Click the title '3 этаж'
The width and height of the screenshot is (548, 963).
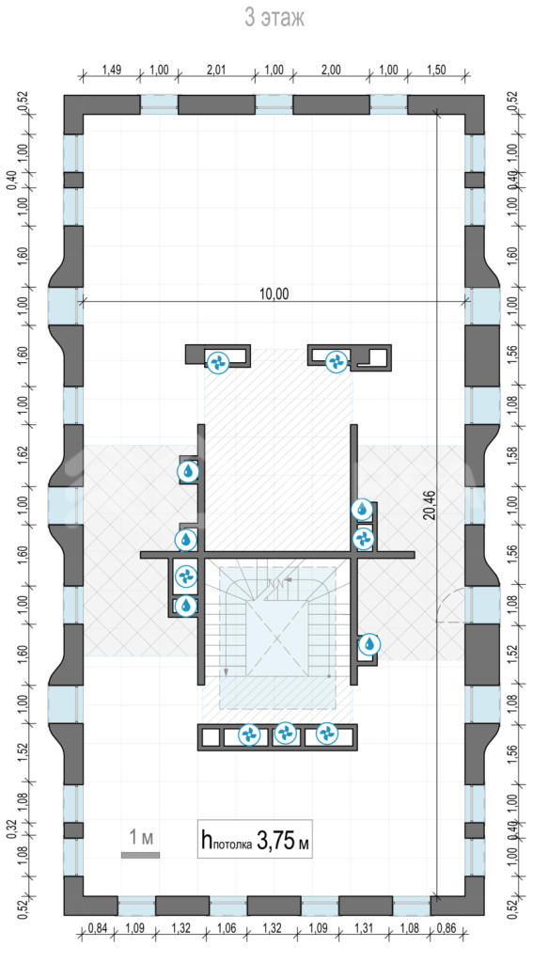pyautogui.click(x=274, y=18)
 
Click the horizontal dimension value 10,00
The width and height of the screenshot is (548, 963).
pyautogui.click(x=274, y=293)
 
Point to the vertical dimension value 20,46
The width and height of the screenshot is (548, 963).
pyautogui.click(x=429, y=505)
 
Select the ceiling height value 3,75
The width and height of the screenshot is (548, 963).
pyautogui.click(x=275, y=839)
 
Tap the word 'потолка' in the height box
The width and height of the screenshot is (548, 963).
pyautogui.click(x=232, y=845)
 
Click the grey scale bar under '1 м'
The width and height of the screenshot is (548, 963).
pyautogui.click(x=141, y=855)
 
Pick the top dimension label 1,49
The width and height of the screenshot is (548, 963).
pyautogui.click(x=111, y=70)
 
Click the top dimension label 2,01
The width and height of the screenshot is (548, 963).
pyautogui.click(x=216, y=70)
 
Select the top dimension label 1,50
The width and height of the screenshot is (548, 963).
pyautogui.click(x=436, y=70)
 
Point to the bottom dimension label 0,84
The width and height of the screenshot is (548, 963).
pyautogui.click(x=98, y=927)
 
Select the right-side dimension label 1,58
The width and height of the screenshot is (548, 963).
pyautogui.click(x=513, y=455)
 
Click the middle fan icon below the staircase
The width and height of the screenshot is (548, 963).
pyautogui.click(x=286, y=733)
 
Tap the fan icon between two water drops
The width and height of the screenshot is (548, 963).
pyautogui.click(x=185, y=576)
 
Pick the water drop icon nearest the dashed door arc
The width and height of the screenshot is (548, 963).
pyautogui.click(x=368, y=644)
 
